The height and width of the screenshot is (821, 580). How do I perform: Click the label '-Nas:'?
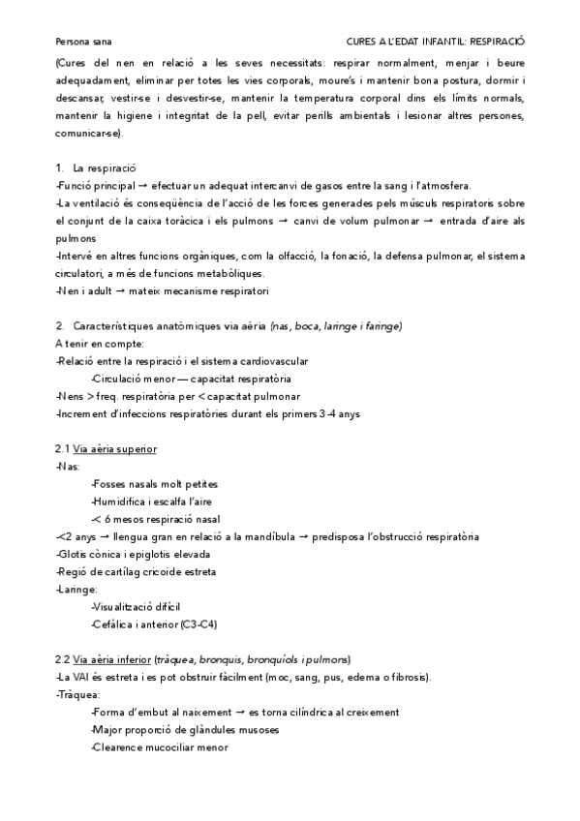68,467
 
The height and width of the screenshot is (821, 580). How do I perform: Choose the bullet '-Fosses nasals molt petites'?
154,484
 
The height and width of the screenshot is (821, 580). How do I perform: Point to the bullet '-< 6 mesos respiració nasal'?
155,519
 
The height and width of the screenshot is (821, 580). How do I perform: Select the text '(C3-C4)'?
201,624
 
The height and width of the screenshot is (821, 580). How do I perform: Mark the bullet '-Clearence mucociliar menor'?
159,747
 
